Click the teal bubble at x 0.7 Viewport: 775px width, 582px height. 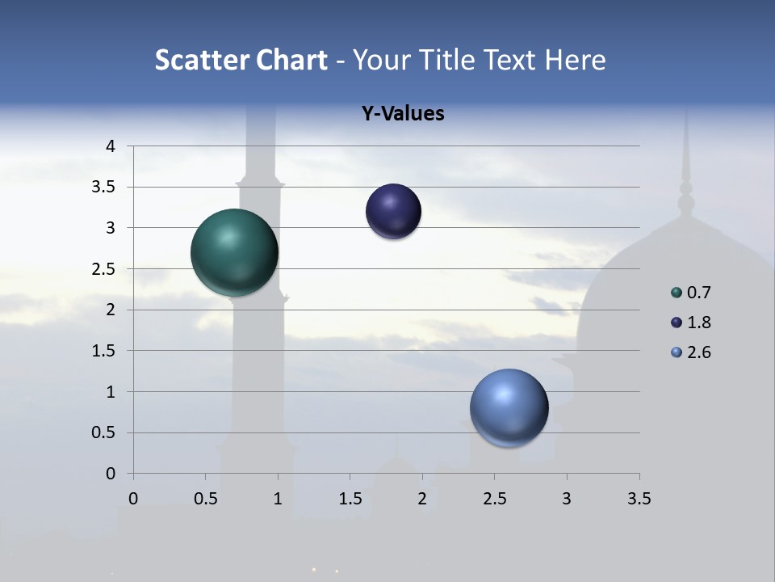(x=235, y=252)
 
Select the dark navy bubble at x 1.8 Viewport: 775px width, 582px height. (x=393, y=212)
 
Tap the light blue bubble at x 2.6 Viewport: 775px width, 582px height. (x=509, y=407)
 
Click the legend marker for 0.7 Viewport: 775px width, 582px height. (x=677, y=293)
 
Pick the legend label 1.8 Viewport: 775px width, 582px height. (x=698, y=323)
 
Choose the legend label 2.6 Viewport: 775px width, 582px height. (x=698, y=352)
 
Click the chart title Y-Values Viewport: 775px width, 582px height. (x=403, y=114)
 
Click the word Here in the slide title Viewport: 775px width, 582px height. (x=576, y=60)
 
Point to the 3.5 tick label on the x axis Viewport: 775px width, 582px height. (x=639, y=499)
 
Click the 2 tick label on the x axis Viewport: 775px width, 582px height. (x=422, y=499)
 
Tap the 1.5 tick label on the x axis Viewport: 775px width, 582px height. (x=350, y=499)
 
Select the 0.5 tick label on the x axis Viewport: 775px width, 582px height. (x=205, y=499)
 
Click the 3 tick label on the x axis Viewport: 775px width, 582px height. (x=567, y=499)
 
